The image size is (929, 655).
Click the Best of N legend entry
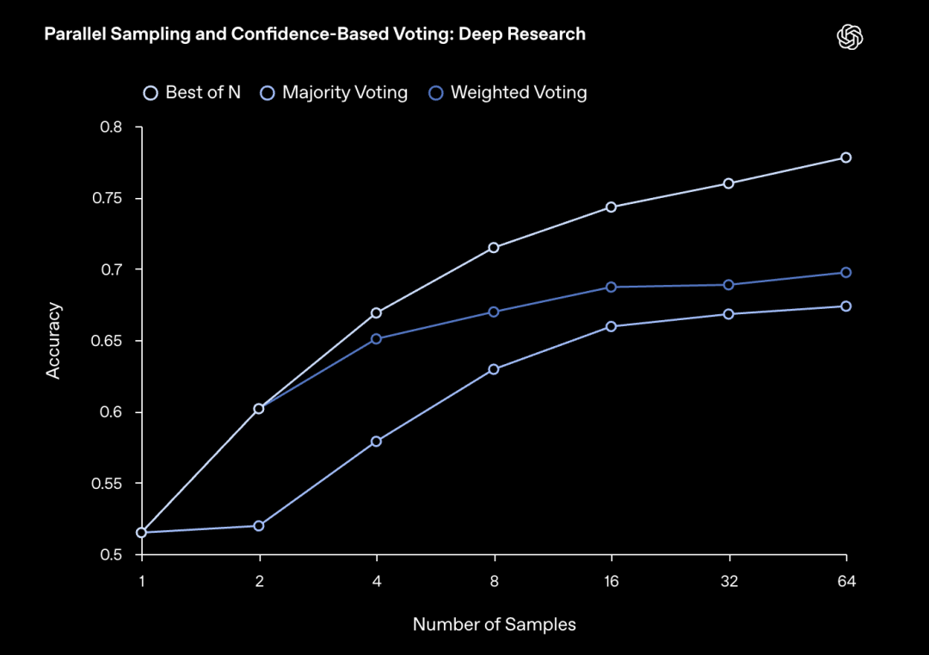tap(193, 93)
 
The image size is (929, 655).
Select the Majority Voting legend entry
tap(335, 93)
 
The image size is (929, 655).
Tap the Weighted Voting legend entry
tap(508, 93)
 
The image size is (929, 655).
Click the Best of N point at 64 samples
tap(846, 158)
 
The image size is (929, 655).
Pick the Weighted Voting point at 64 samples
tap(846, 273)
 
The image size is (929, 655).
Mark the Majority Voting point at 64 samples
tap(846, 306)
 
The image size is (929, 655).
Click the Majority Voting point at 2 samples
tap(259, 526)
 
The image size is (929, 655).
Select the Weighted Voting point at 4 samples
tap(376, 339)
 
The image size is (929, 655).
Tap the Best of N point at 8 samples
tap(494, 248)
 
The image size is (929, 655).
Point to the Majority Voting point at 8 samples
tap(494, 369)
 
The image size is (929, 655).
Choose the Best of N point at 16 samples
tap(611, 207)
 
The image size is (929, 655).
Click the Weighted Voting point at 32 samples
tap(729, 285)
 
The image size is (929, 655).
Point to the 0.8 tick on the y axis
tap(113, 127)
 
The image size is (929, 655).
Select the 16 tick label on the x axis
tap(611, 581)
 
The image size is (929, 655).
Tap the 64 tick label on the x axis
tap(846, 581)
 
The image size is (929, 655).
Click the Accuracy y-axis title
tap(54, 340)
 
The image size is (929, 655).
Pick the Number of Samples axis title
tap(494, 625)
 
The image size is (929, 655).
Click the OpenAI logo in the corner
tap(850, 37)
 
